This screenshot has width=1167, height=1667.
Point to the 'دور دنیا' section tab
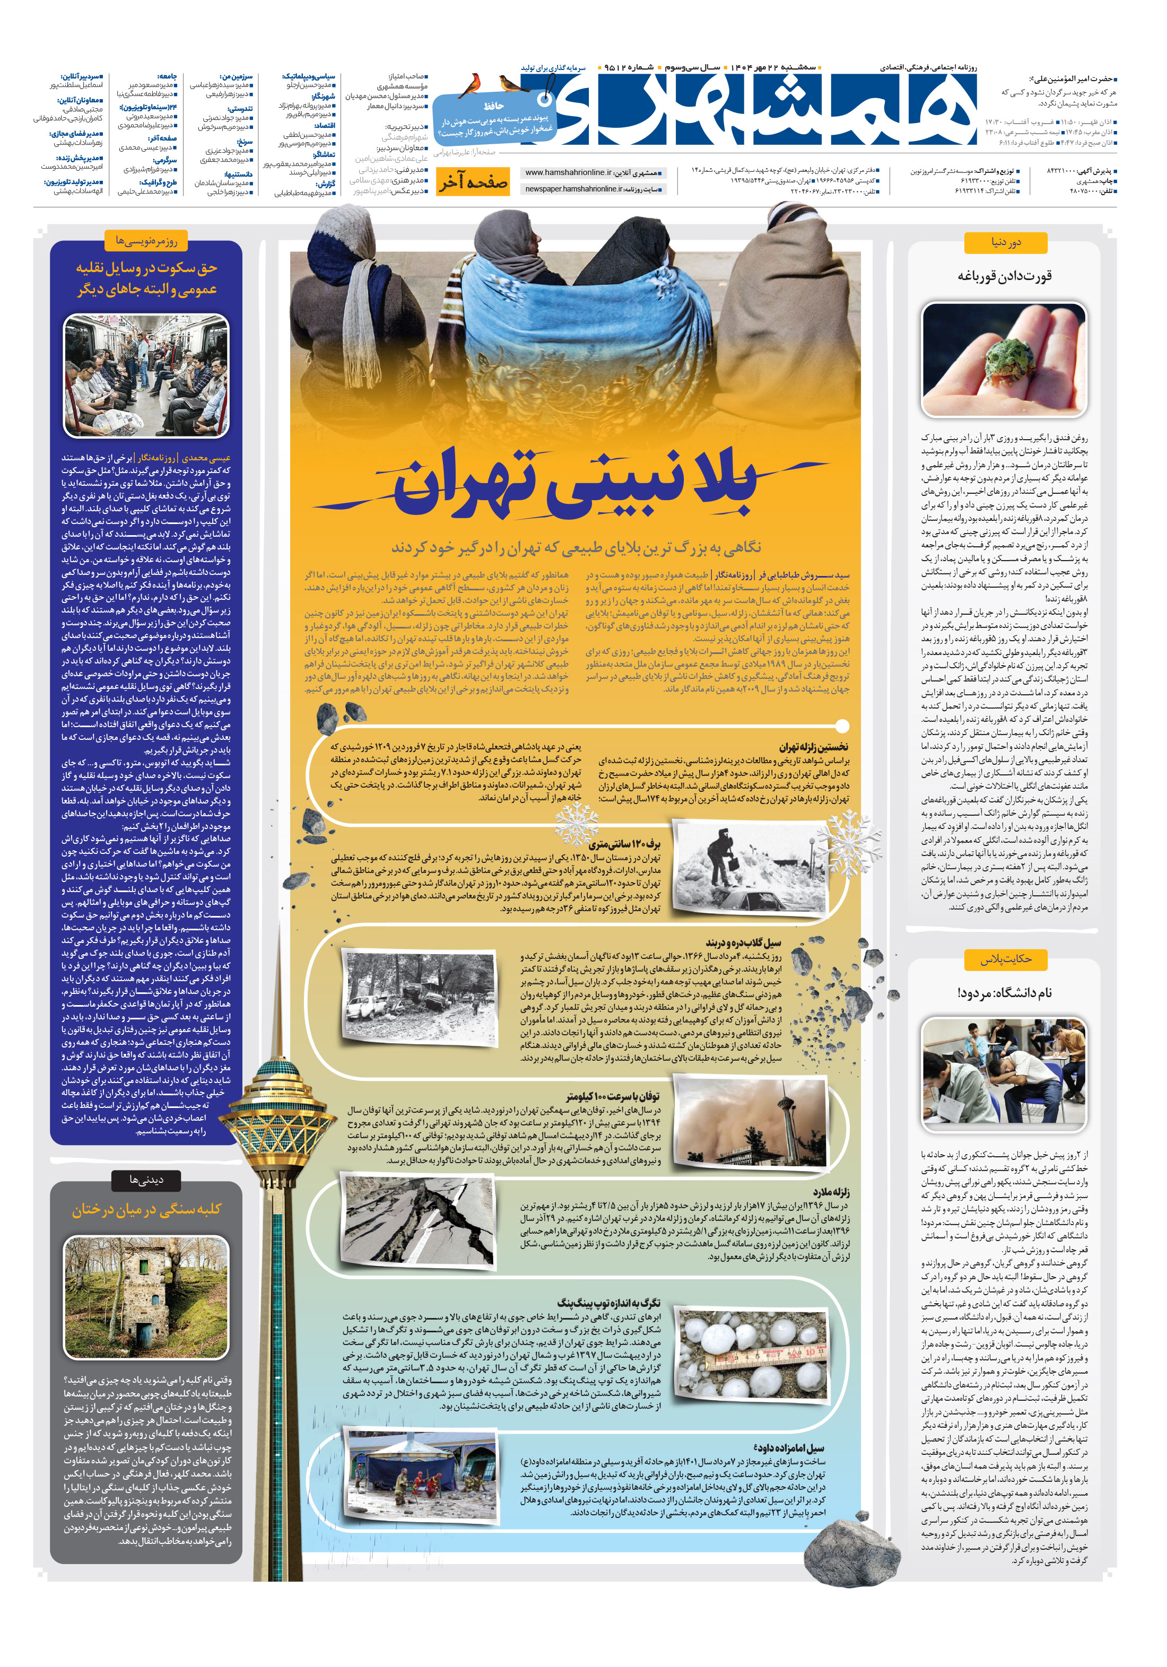pos(1006,242)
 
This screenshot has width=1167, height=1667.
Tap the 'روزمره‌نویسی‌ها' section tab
pos(146,240)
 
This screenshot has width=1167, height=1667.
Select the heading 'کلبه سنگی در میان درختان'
pos(146,1209)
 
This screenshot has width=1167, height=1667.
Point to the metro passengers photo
pos(146,376)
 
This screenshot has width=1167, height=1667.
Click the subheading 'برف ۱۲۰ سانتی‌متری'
pos(624,844)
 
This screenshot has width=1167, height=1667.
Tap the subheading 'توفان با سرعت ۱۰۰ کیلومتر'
pos(614,1096)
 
